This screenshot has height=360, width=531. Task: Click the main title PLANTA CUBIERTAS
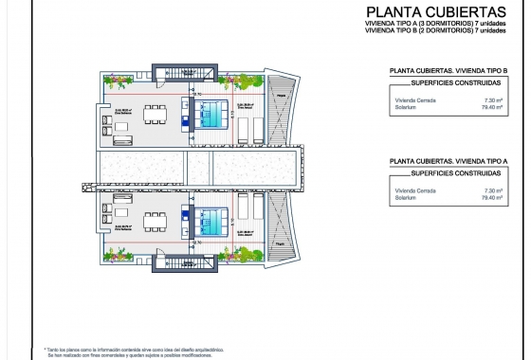click(435, 12)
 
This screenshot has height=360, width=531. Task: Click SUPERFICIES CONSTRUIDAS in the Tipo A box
click(449, 174)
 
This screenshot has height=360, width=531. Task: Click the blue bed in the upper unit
click(211, 116)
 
